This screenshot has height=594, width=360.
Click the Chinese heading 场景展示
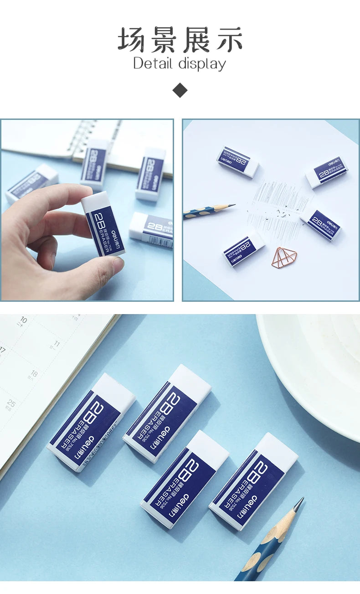click(x=180, y=40)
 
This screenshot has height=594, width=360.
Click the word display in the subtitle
click(x=202, y=64)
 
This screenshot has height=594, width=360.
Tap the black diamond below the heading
click(x=180, y=90)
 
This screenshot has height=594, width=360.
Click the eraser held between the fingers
click(x=103, y=223)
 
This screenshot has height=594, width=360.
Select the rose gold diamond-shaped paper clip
click(x=284, y=257)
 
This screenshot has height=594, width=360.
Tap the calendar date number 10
click(x=23, y=320)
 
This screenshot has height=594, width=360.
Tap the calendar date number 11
click(x=56, y=343)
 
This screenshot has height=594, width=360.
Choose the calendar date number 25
click(x=11, y=403)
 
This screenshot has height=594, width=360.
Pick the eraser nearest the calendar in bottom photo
click(x=91, y=422)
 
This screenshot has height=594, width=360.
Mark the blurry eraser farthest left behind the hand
click(x=31, y=182)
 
